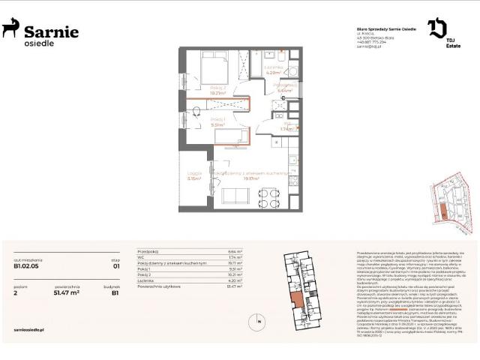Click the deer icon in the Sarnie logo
[x=10, y=29]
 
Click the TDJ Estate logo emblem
[x=437, y=29]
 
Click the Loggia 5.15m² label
[x=195, y=178]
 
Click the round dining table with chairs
[x=270, y=197]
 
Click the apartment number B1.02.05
[x=26, y=264]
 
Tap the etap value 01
[x=116, y=264]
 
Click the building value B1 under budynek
[x=116, y=292]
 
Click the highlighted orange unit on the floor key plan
[x=298, y=301]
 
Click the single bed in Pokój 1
[x=233, y=135]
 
